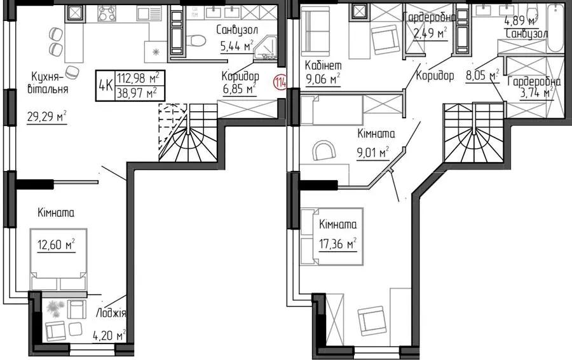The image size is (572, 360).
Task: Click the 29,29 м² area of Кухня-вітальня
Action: point(46,116)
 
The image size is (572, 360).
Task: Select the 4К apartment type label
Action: point(106,86)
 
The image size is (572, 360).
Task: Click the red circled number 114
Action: point(280,81)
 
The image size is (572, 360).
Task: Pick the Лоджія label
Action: point(111,314)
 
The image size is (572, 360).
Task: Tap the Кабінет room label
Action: point(323,65)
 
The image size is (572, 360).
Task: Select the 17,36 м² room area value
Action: point(338,243)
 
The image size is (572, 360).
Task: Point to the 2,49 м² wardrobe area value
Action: point(430,34)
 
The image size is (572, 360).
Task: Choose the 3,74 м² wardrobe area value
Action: point(536,93)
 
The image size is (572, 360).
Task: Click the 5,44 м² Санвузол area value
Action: point(237,46)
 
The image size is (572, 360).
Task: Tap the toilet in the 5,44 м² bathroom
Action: point(196,40)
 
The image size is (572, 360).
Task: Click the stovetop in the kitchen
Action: point(107,13)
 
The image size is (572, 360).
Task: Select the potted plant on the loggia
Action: point(55,309)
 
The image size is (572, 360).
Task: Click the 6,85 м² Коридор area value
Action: point(240,88)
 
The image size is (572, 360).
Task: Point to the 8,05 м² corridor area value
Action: point(482,76)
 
